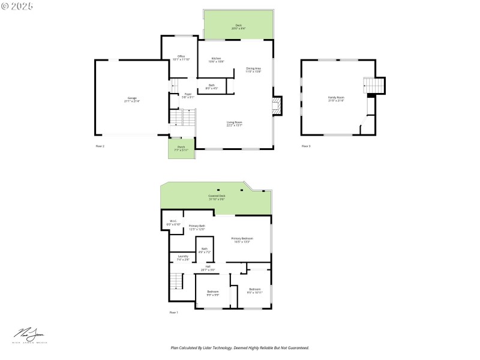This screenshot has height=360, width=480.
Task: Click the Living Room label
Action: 234,124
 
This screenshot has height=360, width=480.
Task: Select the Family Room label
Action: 336,98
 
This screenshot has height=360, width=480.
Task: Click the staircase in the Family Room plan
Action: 374,88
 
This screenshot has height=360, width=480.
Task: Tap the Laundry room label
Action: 182,257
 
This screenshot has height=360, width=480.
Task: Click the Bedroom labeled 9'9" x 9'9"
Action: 212,293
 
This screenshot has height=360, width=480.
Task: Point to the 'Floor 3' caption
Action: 306,146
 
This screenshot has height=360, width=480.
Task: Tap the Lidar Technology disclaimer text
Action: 239,347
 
